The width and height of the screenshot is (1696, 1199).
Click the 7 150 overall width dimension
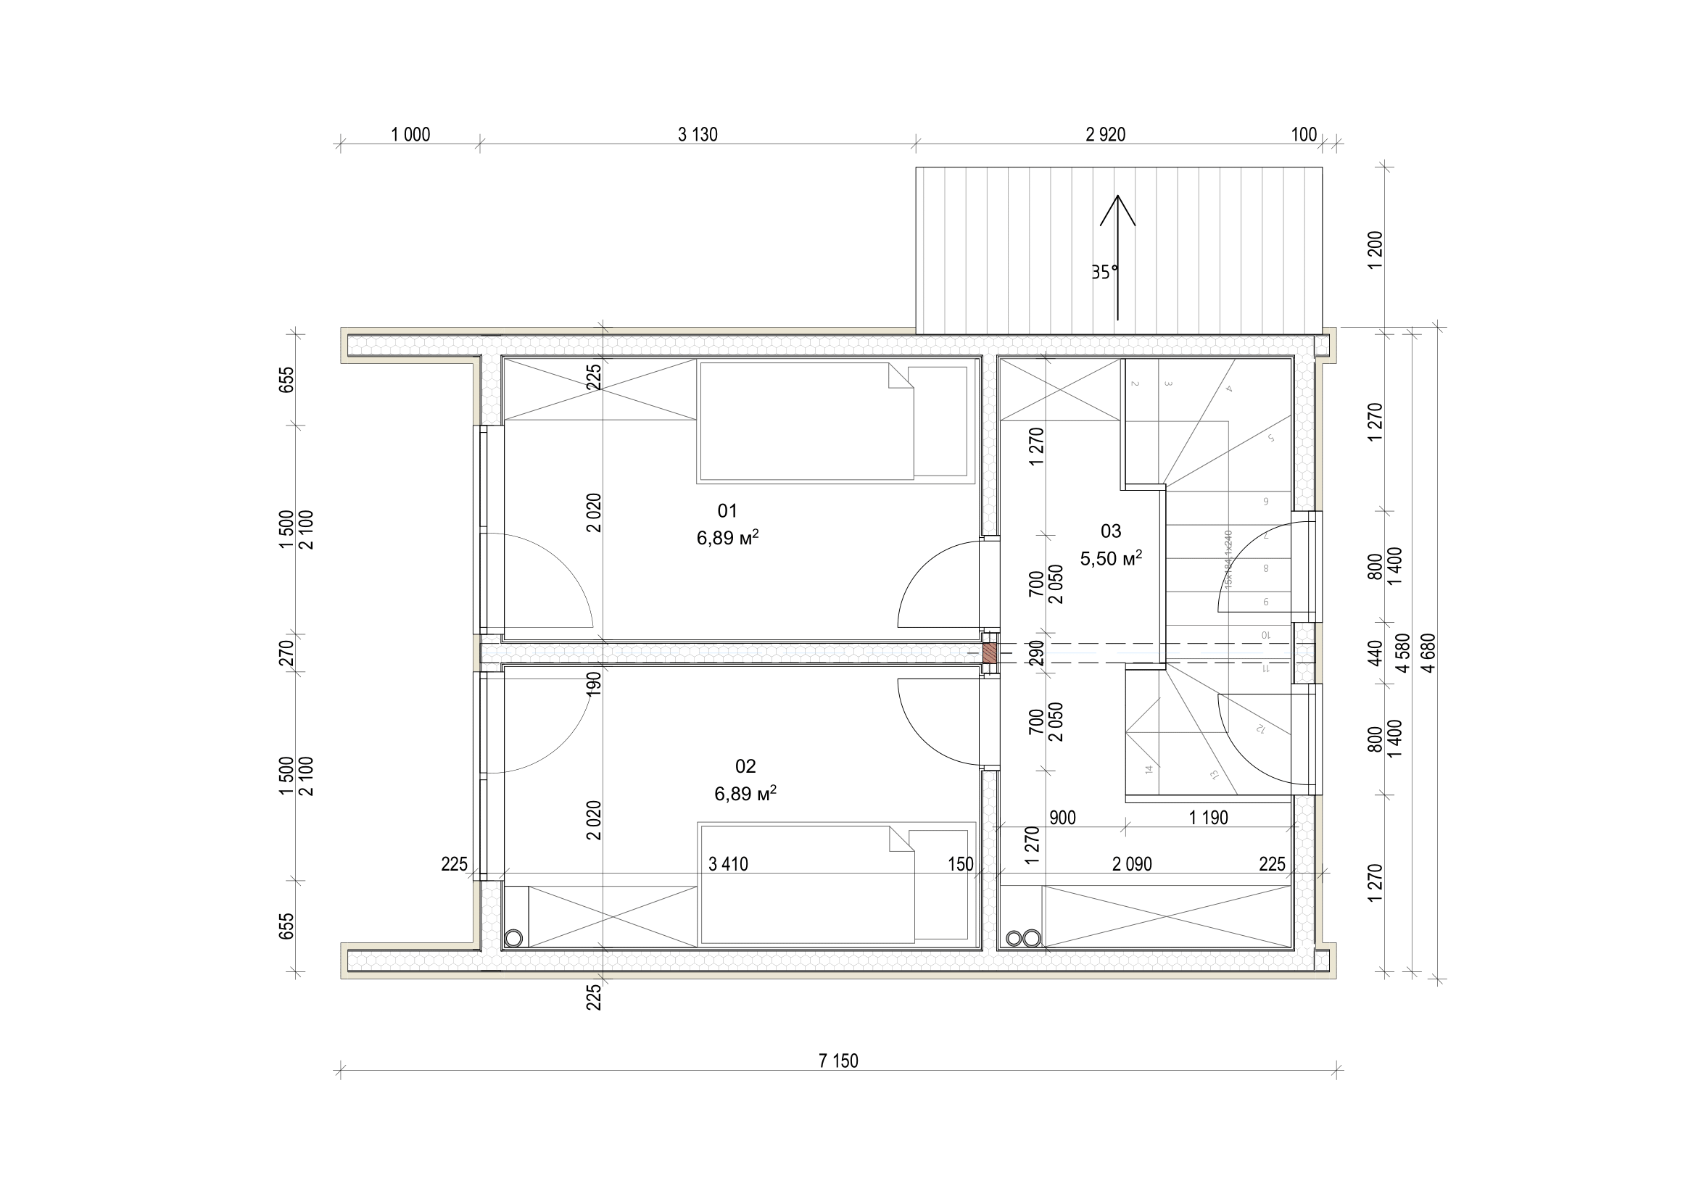coord(838,1061)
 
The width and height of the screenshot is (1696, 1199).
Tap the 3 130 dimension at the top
coord(698,134)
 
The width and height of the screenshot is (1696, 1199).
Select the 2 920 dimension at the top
coord(1105,134)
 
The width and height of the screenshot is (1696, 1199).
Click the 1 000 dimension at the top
coord(410,134)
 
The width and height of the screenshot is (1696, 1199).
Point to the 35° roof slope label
coord(1105,273)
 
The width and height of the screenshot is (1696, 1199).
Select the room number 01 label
coord(727,511)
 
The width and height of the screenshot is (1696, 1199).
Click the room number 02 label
coord(745,766)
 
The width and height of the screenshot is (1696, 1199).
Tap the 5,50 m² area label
coord(1111,558)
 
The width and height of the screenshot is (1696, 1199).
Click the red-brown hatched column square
coord(989,652)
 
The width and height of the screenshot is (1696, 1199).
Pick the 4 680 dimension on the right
coord(1428,652)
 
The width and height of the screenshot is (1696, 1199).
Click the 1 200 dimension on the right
coord(1375,250)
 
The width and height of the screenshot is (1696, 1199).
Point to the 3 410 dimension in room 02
coord(727,864)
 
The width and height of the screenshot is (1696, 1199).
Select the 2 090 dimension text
coord(1132,864)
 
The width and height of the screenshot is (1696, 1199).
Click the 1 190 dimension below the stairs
coord(1209,817)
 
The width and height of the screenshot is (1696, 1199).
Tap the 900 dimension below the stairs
coord(1062,817)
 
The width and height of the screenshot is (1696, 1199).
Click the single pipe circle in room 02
coord(513,938)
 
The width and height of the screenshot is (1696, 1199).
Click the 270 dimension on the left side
coord(287,652)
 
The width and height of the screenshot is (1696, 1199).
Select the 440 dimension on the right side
coord(1375,652)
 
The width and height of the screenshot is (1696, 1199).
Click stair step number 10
coord(1265,635)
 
